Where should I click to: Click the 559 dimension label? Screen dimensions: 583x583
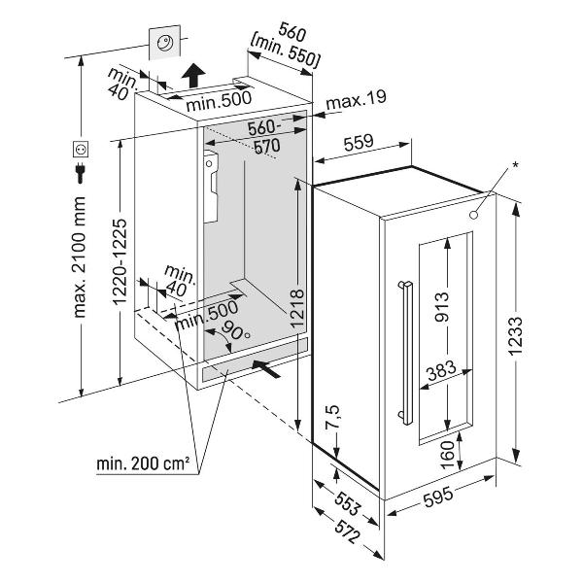click(x=359, y=142)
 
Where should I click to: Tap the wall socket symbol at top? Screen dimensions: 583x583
click(x=165, y=41)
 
